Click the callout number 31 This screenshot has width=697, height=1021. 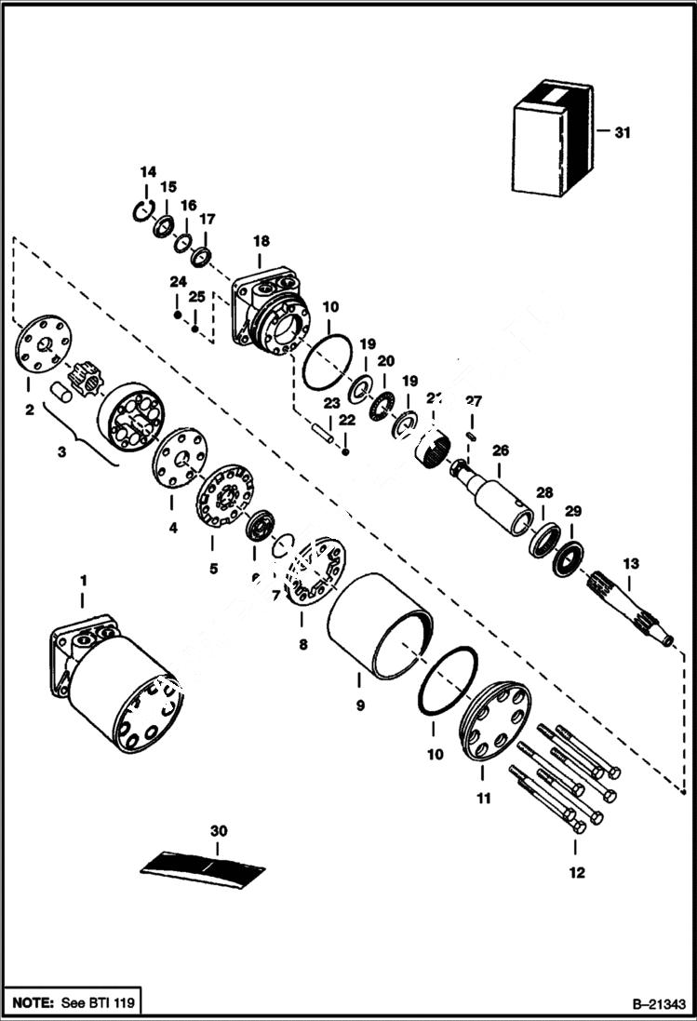click(x=622, y=132)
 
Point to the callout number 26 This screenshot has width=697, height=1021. click(x=501, y=450)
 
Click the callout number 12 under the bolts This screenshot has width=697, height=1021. click(x=576, y=872)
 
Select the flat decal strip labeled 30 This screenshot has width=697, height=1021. click(x=203, y=867)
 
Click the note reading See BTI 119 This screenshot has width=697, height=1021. click(x=71, y=1004)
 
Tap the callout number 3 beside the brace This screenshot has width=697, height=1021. click(x=62, y=451)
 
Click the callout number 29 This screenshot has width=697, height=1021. click(x=573, y=511)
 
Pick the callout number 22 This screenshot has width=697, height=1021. click(x=346, y=420)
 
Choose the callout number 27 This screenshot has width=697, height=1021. click(x=474, y=401)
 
